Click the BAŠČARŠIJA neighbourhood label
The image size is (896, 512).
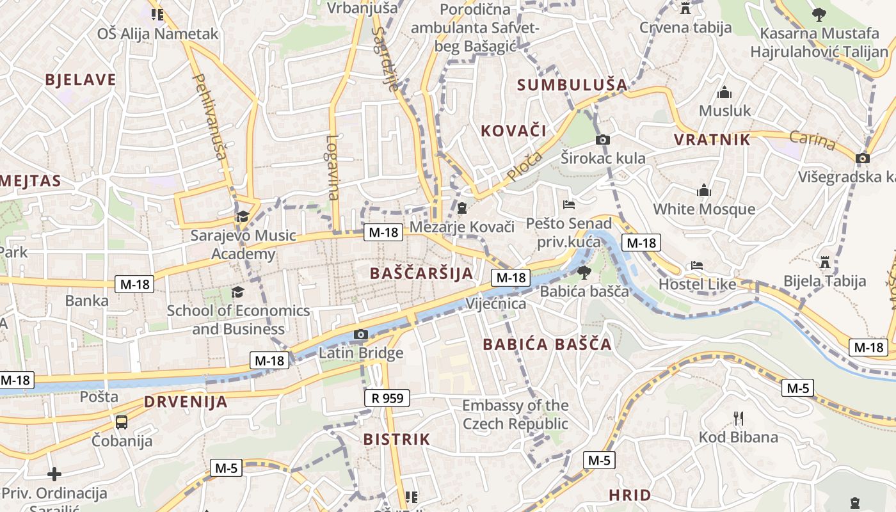(422, 273)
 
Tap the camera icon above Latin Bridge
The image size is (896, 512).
(360, 334)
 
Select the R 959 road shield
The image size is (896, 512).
(388, 398)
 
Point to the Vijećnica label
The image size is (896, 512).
(496, 303)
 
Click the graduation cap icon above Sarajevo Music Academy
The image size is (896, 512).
(242, 217)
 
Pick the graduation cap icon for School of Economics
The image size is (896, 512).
(238, 292)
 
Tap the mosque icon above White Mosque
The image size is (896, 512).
(704, 190)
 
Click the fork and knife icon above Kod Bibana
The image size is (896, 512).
(739, 419)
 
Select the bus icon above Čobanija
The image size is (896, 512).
(122, 422)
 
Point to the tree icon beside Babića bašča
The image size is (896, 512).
(584, 273)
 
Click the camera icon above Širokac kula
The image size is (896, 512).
(602, 140)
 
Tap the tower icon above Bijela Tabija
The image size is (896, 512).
(825, 262)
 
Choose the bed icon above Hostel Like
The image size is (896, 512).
(697, 266)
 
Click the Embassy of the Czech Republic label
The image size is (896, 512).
(515, 414)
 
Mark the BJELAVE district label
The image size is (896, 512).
(81, 80)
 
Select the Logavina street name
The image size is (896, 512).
(332, 168)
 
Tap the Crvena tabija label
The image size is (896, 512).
(685, 28)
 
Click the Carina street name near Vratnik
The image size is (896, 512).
(812, 140)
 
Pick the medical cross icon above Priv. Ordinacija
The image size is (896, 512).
(54, 474)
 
